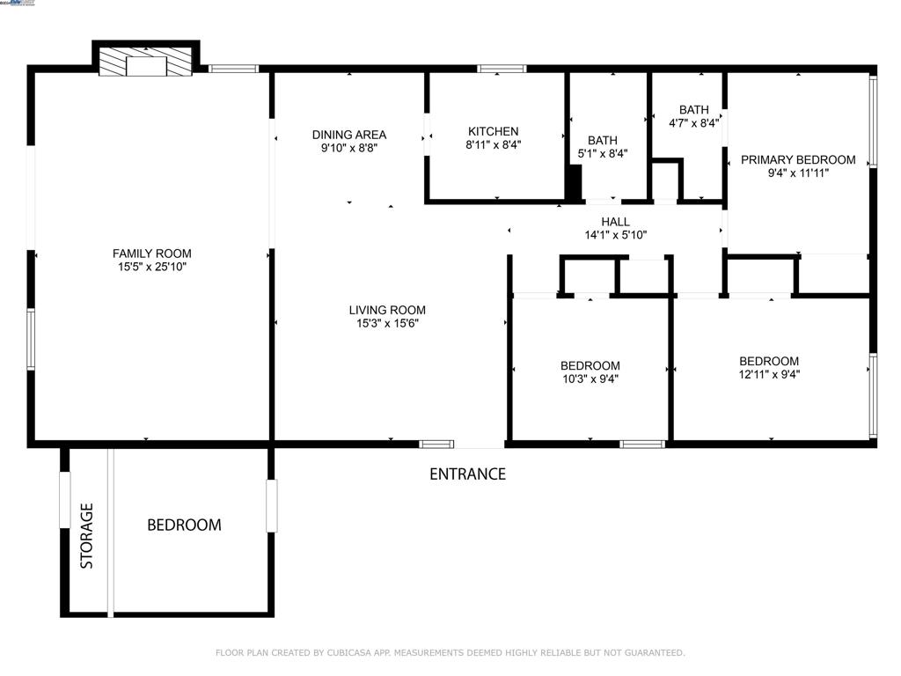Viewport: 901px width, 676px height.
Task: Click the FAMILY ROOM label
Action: (x=151, y=253)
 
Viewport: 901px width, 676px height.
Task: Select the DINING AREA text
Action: (x=349, y=135)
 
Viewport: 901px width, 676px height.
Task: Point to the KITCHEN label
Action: (x=493, y=131)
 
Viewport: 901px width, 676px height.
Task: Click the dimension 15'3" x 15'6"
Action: (x=387, y=323)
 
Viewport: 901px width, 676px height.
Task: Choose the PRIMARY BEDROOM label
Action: (x=797, y=159)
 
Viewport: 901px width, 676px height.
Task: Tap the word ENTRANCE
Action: (x=467, y=474)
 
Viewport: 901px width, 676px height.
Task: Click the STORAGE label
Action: (x=87, y=535)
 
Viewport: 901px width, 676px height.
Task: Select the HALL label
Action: (x=615, y=222)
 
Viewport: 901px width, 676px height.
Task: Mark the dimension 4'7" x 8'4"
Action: (x=693, y=123)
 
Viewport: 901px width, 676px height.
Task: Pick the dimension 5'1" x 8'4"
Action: (x=603, y=153)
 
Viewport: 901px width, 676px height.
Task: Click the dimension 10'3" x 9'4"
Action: (x=590, y=379)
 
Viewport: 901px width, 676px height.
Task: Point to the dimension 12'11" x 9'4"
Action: (x=769, y=374)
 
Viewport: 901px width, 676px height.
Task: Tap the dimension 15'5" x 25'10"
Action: (x=151, y=267)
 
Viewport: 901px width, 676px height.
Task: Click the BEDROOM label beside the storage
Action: (x=184, y=525)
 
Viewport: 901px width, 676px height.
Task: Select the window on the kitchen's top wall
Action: (x=502, y=68)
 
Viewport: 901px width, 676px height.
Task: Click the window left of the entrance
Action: (x=436, y=444)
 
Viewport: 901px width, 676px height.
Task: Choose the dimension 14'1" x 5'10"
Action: (x=615, y=235)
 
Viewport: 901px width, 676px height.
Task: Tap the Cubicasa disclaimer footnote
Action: (x=450, y=652)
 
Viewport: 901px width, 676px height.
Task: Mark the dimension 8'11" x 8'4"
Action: (x=493, y=144)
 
